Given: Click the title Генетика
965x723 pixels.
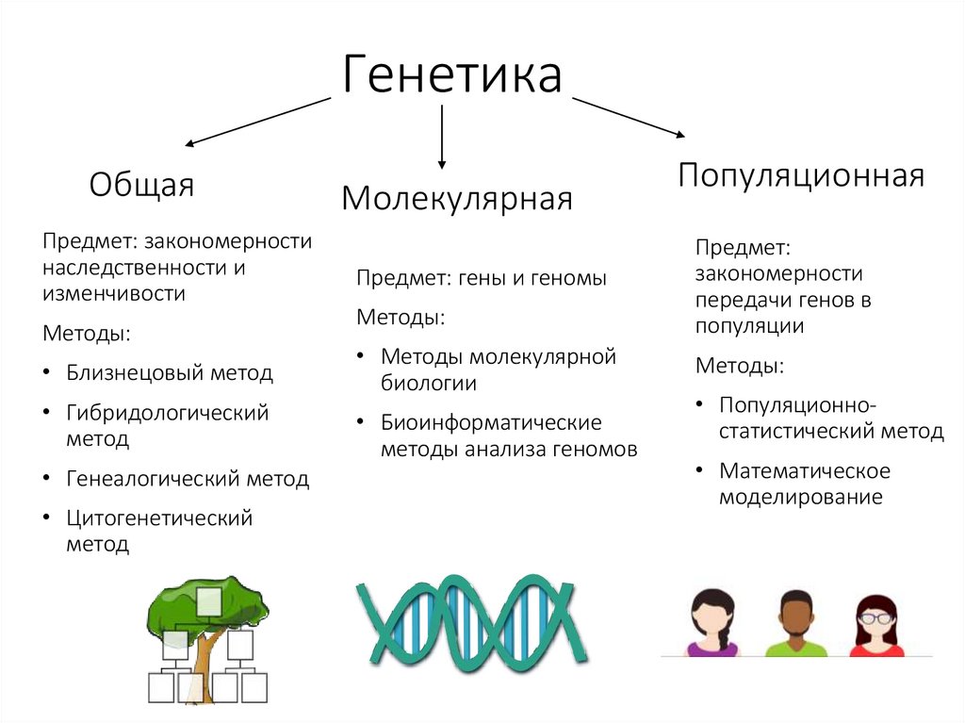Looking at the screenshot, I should coord(451,74).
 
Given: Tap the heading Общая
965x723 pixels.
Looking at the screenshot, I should coord(141,185).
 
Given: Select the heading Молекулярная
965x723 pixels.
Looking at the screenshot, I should coord(457,199).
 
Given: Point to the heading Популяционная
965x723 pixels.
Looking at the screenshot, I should coord(801,175).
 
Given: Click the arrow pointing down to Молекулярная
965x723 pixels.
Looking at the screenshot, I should coord(442,137).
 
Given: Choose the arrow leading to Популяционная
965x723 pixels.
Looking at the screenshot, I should coord(629,116).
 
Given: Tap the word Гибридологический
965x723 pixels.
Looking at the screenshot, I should coord(167,413).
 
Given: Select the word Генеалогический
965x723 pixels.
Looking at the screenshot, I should coord(153,479).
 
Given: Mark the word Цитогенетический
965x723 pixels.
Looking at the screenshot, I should coord(159,518).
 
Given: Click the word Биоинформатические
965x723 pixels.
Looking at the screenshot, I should coord(491,422).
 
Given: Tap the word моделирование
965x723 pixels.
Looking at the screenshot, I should coord(800,497).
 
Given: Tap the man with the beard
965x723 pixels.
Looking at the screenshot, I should coord(796,623).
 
